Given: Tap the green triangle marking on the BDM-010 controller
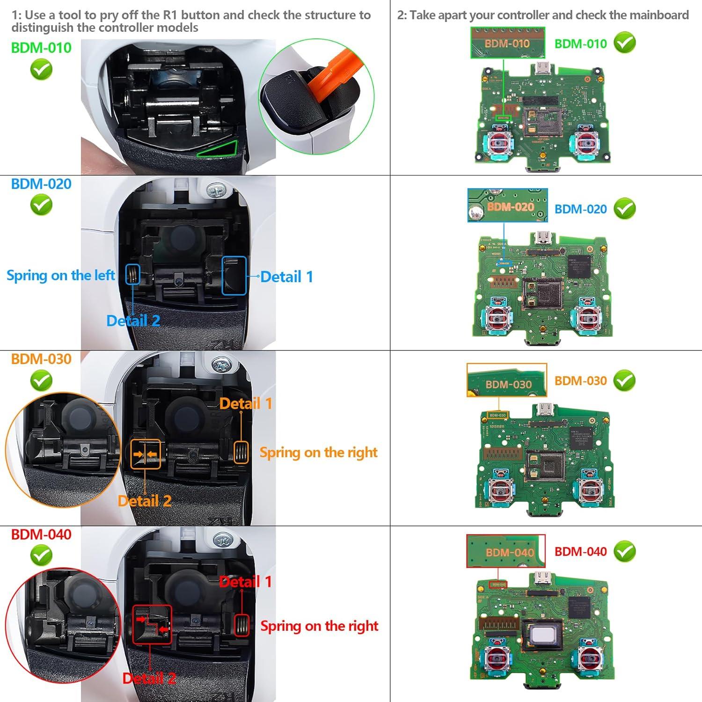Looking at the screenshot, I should (219, 150).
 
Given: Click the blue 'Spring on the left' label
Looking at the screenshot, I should (60, 276).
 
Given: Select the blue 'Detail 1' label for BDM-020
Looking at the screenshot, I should (286, 277).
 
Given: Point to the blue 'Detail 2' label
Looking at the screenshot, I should (133, 321).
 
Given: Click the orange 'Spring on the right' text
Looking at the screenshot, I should (318, 453).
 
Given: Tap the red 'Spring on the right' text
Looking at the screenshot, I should (319, 626).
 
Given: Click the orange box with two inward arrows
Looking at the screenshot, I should (146, 454).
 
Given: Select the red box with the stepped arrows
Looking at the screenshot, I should (152, 624).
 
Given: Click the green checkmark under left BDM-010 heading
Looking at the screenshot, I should (41, 70).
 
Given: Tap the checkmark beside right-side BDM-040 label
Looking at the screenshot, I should (625, 552).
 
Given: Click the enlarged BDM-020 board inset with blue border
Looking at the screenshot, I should (507, 205).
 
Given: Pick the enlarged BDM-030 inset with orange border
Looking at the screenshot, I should (506, 380).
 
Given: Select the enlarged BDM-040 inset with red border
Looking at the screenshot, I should (506, 551).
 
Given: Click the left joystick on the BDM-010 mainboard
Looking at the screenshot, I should (500, 143).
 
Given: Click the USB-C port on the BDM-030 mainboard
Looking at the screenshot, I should (544, 410).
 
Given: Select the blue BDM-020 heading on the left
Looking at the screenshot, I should (41, 184).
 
